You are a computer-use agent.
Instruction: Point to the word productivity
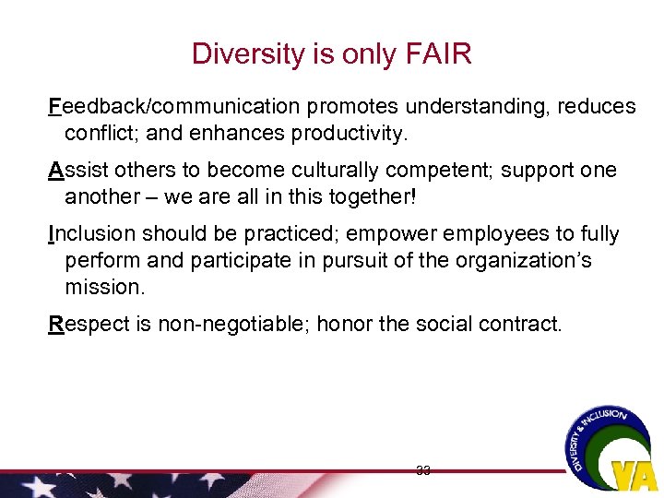pyautogui.click(x=349, y=134)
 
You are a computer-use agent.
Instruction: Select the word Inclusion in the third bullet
pyautogui.click(x=89, y=234)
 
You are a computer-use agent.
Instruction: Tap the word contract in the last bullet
pyautogui.click(x=528, y=324)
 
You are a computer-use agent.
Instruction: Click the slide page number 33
pyautogui.click(x=423, y=471)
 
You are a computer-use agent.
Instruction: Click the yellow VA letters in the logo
pyautogui.click(x=634, y=473)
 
